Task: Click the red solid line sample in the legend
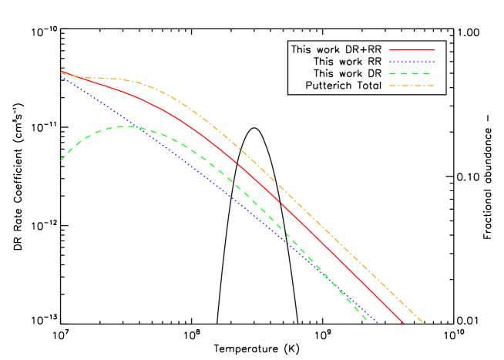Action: coord(412,50)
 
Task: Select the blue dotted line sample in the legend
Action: coord(412,62)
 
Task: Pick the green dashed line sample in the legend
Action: coord(412,74)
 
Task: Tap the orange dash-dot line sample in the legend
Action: coord(412,86)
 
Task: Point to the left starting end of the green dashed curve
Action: coord(61,160)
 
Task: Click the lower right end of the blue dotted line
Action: coord(378,322)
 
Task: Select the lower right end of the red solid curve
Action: coord(404,323)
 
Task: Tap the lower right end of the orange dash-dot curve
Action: coord(423,322)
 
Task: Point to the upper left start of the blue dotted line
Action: coord(61,76)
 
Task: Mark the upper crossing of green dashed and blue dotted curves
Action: coord(133,126)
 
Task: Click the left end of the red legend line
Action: coord(390,50)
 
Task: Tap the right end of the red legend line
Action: coord(434,50)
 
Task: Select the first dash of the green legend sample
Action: coord(393,74)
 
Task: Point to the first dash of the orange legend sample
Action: coord(393,86)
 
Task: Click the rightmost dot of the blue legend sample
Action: coord(434,62)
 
